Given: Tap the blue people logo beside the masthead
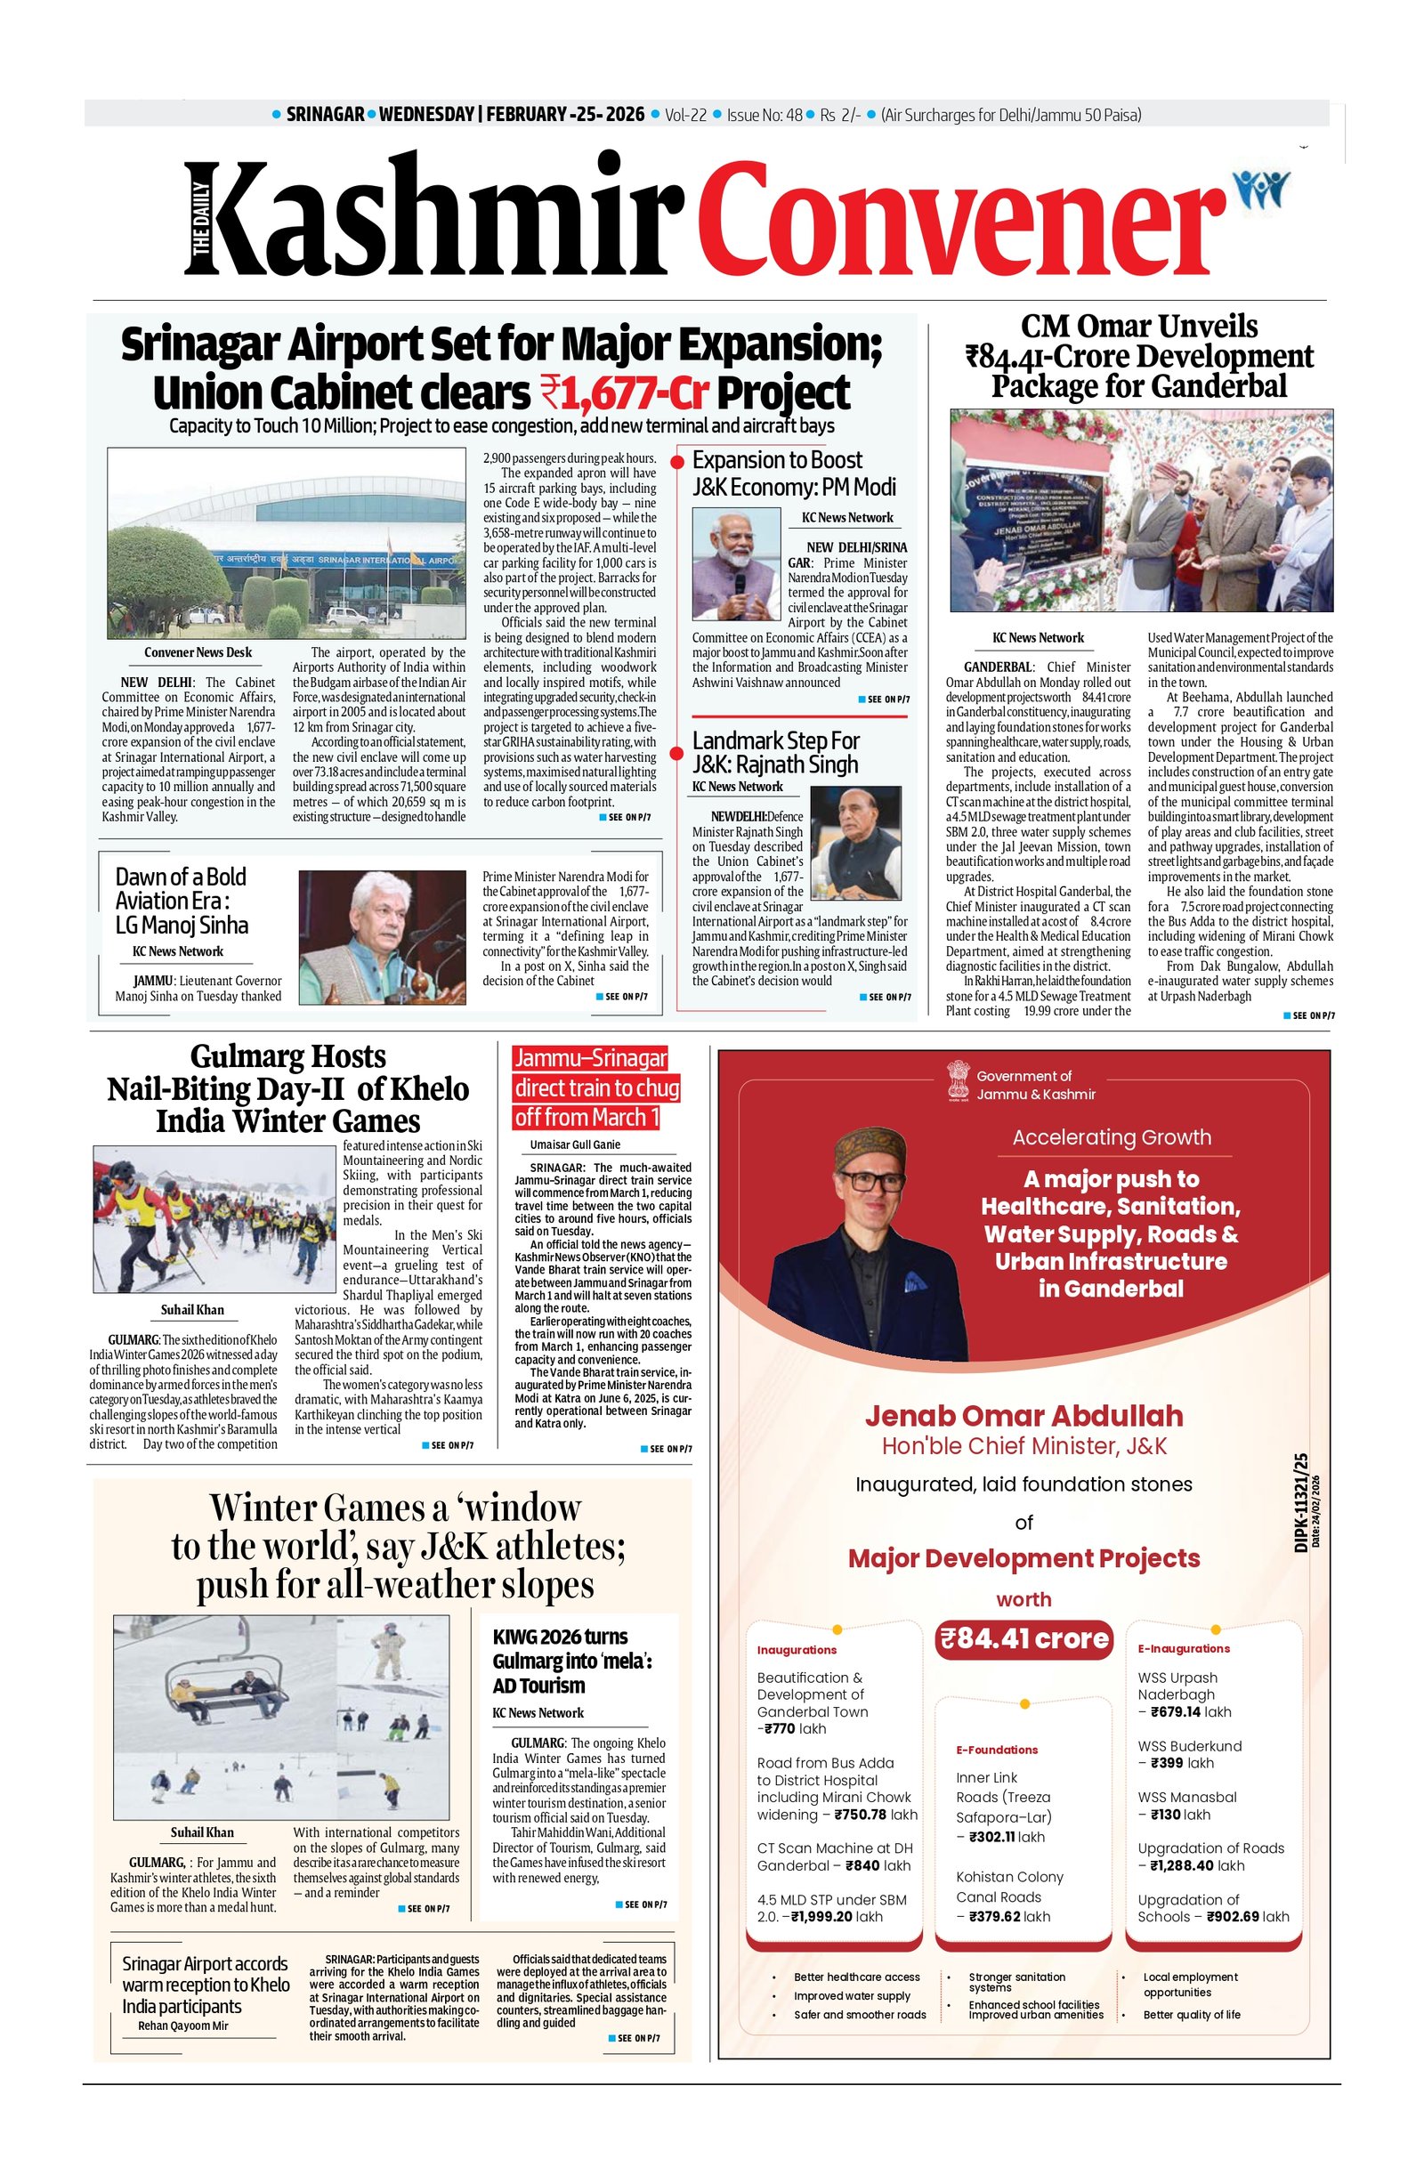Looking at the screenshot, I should point(1261,188).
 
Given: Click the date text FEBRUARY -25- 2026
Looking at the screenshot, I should point(564,115).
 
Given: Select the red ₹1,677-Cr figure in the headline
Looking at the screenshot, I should point(625,392).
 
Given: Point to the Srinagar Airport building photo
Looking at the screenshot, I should point(286,543).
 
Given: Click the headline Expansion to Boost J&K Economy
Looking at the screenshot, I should point(793,473).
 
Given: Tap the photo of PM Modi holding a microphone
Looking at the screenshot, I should point(737,563).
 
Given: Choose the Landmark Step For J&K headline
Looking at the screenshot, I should point(776,752).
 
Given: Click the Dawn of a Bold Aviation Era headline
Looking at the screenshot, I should point(182,901).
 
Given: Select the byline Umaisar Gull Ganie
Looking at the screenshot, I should point(575,1144).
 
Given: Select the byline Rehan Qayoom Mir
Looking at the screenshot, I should point(183,2025).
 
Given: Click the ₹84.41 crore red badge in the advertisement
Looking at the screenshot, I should point(1023,1639).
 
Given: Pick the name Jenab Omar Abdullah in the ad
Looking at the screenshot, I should point(1023,1416).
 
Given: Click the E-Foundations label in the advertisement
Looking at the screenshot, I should point(996,1750).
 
